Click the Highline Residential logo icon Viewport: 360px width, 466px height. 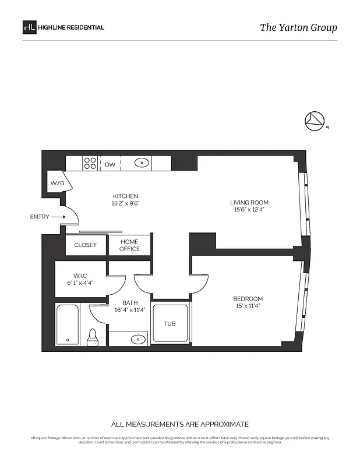coord(29,27)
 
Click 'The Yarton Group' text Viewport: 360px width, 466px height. coord(298,27)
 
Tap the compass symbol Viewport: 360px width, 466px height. coord(314,120)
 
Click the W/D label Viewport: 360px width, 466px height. coord(57,183)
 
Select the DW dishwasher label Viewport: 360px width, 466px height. coord(110,165)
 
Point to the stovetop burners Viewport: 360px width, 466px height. coord(90,164)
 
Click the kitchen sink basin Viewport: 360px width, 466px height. coord(142,164)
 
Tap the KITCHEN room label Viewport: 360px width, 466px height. coord(125,196)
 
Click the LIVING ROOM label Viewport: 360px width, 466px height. coord(251,203)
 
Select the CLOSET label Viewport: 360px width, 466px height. coord(86,245)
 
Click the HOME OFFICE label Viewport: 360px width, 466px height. coord(129,245)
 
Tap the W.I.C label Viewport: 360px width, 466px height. coord(80,276)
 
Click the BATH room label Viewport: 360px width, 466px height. coord(130,303)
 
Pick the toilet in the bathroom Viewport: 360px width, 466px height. coord(92,336)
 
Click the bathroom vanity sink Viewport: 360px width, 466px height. coord(137,338)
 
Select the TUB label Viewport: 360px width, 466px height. coord(170,324)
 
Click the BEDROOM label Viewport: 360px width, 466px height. coord(249,299)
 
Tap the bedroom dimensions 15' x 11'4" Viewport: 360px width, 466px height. coord(249,306)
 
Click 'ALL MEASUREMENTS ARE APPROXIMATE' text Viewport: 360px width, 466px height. coord(180,424)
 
